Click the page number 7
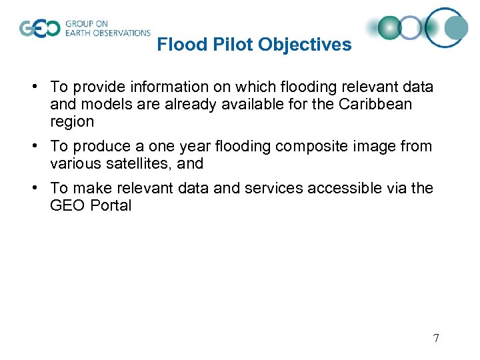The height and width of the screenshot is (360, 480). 436,338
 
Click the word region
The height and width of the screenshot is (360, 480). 72,121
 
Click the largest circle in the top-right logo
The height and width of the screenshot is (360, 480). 447,27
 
